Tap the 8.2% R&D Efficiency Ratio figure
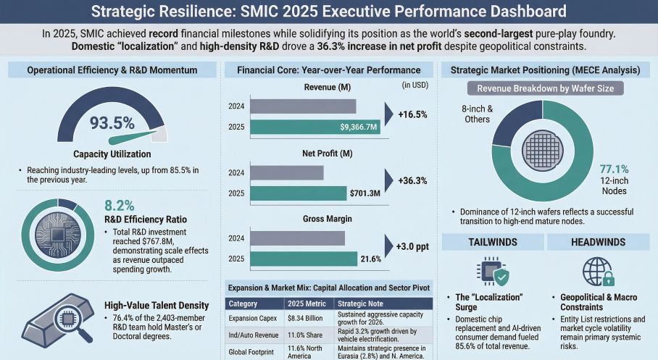pyautogui.click(x=120, y=205)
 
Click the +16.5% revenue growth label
pyautogui.click(x=412, y=114)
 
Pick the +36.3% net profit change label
pyautogui.click(x=412, y=181)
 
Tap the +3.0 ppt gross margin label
pyautogui.click(x=412, y=247)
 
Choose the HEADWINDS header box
pyautogui.click(x=598, y=243)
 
